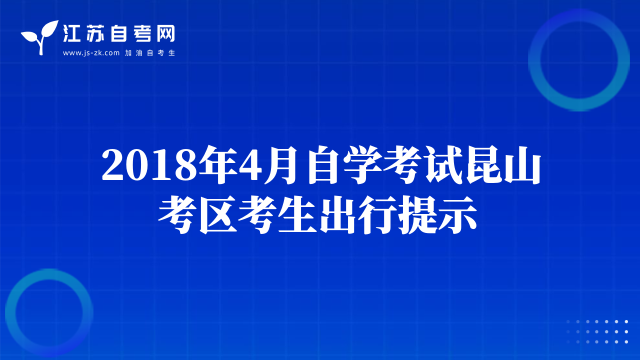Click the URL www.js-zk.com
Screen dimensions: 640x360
pyautogui.click(x=91, y=53)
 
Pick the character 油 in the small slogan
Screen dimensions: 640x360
pyautogui.click(x=139, y=53)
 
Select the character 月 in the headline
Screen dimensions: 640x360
pyautogui.click(x=280, y=165)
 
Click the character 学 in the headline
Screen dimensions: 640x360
pyautogui.click(x=362, y=165)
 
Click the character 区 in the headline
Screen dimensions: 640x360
pyautogui.click(x=218, y=215)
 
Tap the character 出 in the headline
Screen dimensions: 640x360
pyautogui.click(x=337, y=215)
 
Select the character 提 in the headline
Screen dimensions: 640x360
pyautogui.click(x=417, y=215)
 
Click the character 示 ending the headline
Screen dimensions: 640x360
pyautogui.click(x=457, y=215)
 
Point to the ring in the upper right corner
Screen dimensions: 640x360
pyautogui.click(x=534, y=60)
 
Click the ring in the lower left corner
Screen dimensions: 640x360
pyautogui.click(x=10, y=313)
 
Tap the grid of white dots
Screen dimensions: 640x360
pyautogui.click(x=597, y=331)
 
